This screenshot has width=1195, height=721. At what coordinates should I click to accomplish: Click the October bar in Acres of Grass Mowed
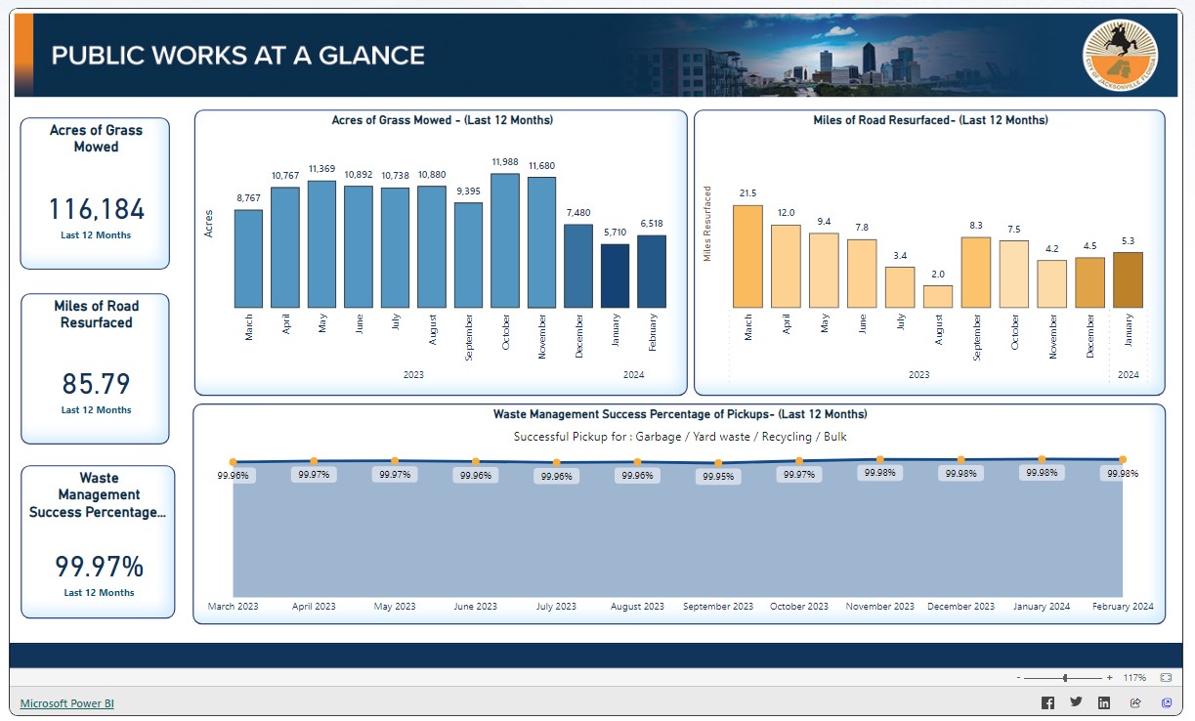click(505, 241)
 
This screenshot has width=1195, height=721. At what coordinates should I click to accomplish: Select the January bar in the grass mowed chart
click(615, 276)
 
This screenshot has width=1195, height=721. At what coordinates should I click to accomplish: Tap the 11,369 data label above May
click(321, 169)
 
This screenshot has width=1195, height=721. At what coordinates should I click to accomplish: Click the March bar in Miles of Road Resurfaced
click(747, 256)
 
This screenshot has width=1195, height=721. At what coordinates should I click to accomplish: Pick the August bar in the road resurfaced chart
click(938, 296)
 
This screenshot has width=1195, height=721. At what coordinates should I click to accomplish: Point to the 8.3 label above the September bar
click(976, 226)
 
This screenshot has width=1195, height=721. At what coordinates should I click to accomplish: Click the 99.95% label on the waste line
click(718, 478)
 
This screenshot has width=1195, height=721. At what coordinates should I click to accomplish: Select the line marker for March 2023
click(233, 462)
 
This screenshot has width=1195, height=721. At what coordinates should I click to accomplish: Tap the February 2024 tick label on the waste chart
click(1123, 607)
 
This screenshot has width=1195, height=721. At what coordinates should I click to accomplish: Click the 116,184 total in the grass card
click(96, 209)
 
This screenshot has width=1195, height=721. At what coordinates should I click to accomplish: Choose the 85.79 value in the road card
click(96, 384)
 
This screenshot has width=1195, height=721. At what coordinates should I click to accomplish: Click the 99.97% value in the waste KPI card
click(99, 567)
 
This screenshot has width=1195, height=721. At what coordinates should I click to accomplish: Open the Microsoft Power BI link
click(67, 703)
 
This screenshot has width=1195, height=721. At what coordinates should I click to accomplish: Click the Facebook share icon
click(1047, 703)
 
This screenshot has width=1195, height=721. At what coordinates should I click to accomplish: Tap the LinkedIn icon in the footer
click(1104, 703)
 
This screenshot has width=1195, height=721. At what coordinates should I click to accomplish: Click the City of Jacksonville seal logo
click(1120, 55)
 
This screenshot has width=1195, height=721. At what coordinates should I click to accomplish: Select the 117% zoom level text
click(1134, 678)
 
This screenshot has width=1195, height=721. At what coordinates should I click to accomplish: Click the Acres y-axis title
click(208, 224)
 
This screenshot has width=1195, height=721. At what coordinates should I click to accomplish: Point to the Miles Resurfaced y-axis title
click(707, 224)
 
